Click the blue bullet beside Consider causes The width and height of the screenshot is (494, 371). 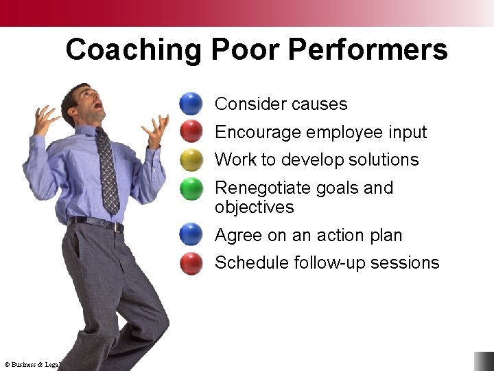[x=191, y=104]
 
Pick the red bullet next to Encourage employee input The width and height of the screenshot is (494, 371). [x=191, y=131]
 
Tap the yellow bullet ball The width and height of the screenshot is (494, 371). [x=191, y=159]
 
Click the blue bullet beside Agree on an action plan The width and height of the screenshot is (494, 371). [x=191, y=234]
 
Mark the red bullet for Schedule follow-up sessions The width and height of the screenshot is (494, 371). [x=191, y=262]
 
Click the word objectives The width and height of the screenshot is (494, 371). [x=254, y=207]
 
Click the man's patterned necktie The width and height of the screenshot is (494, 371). [x=107, y=172]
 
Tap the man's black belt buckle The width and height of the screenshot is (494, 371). [x=119, y=227]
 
